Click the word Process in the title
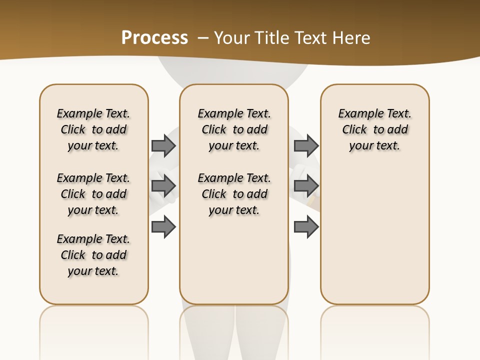(x=154, y=38)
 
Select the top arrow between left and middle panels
(x=163, y=145)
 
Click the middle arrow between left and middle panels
(x=163, y=186)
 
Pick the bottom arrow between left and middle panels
(x=163, y=227)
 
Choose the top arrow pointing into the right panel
(x=306, y=145)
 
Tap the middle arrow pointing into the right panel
(x=306, y=186)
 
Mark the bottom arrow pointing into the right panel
(x=306, y=227)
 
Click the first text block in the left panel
(x=93, y=129)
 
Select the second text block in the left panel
(x=93, y=194)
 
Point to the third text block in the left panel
(x=93, y=255)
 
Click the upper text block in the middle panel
(x=234, y=129)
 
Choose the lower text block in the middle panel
(x=234, y=194)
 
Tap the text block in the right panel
(x=374, y=129)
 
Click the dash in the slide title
(x=203, y=38)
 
